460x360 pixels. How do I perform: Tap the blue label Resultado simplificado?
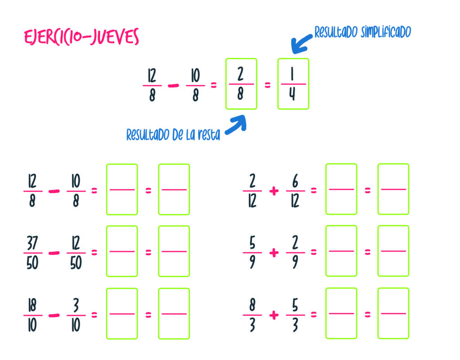(363, 32)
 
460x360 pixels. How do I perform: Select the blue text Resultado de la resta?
(173, 135)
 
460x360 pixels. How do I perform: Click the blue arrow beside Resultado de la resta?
(236, 125)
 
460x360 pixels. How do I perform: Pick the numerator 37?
(32, 243)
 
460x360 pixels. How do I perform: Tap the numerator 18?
(32, 305)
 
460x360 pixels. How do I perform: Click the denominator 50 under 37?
(32, 263)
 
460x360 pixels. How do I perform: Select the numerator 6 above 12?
(295, 181)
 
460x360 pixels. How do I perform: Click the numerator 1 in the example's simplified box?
(292, 74)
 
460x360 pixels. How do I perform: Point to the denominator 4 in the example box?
(292, 95)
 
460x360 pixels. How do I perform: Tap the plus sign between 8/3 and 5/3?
(274, 315)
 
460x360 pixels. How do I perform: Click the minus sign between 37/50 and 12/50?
(53, 253)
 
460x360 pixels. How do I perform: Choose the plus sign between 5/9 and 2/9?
(274, 253)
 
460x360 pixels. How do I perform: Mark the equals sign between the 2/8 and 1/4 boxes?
(267, 85)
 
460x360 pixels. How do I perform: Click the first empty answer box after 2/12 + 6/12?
(341, 189)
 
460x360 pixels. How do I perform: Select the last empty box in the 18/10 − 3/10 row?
(174, 313)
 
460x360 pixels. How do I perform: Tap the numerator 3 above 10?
(75, 305)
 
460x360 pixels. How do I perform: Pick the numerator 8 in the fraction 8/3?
(252, 305)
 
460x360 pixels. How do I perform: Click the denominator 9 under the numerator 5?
(252, 263)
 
